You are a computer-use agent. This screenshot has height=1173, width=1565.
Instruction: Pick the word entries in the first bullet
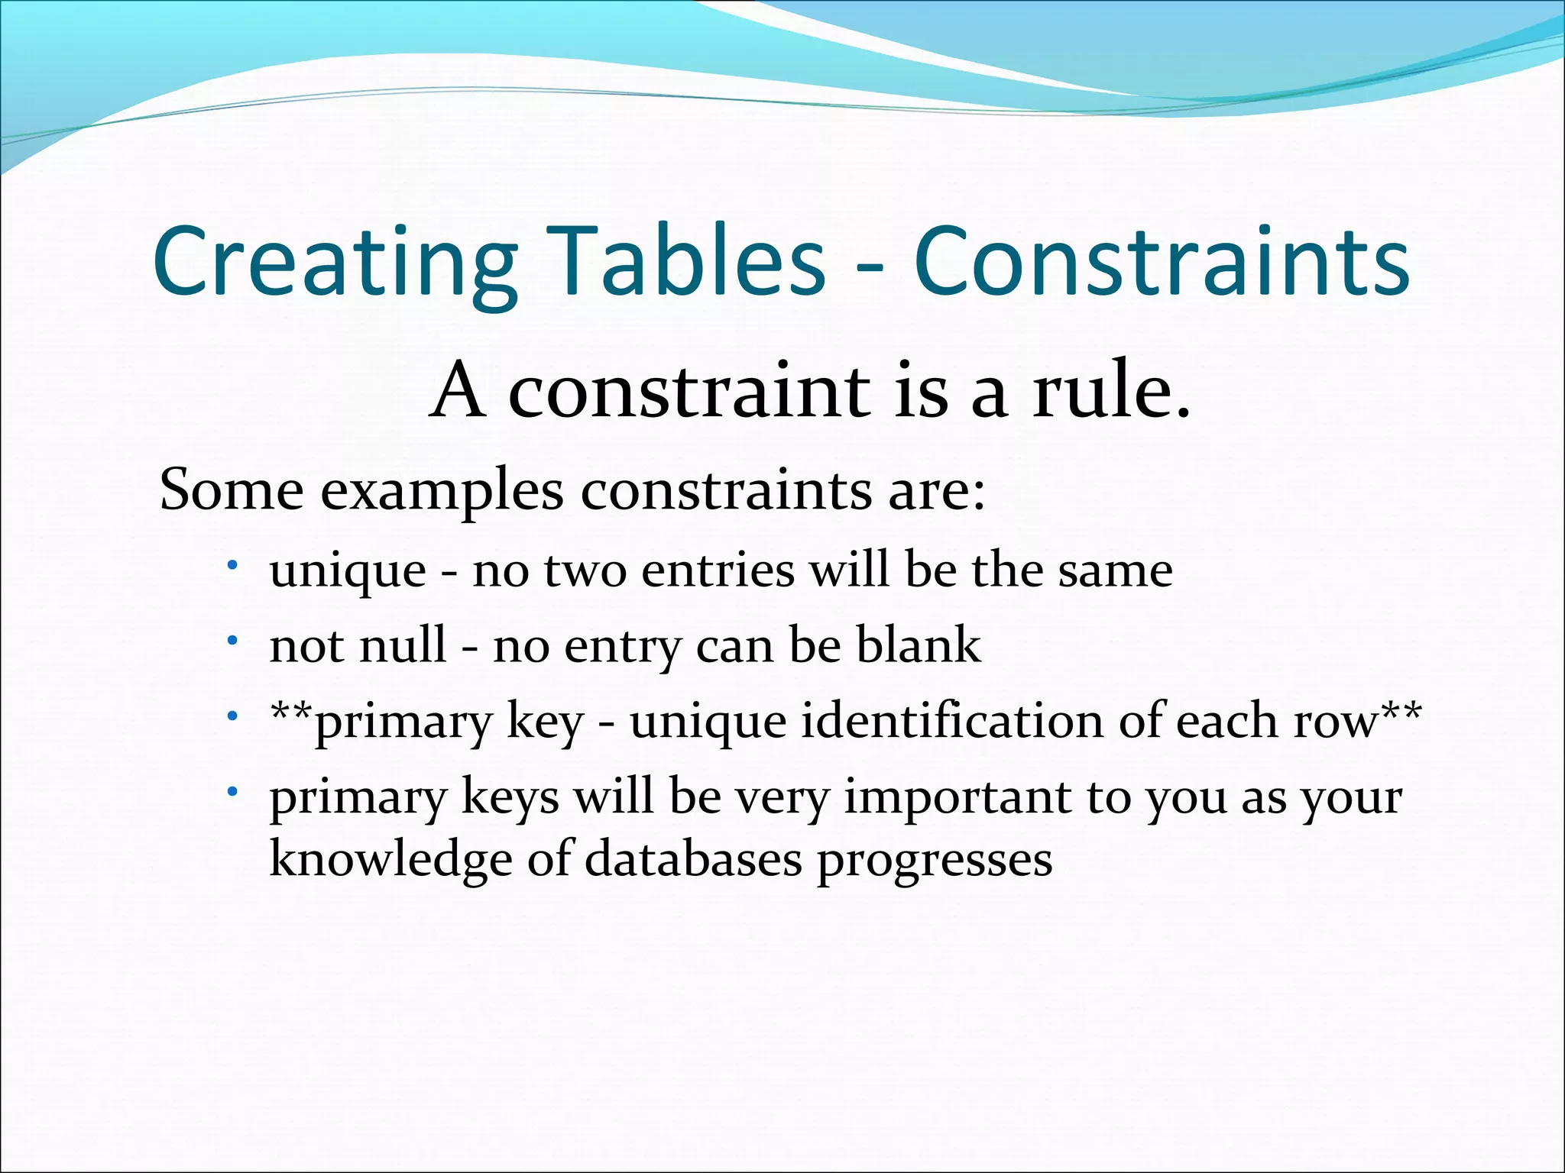tap(718, 570)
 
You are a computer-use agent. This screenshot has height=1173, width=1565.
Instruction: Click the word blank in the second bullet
tap(918, 645)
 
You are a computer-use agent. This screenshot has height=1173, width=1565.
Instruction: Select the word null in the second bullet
tap(402, 645)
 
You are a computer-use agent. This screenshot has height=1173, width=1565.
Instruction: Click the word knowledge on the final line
tap(390, 860)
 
